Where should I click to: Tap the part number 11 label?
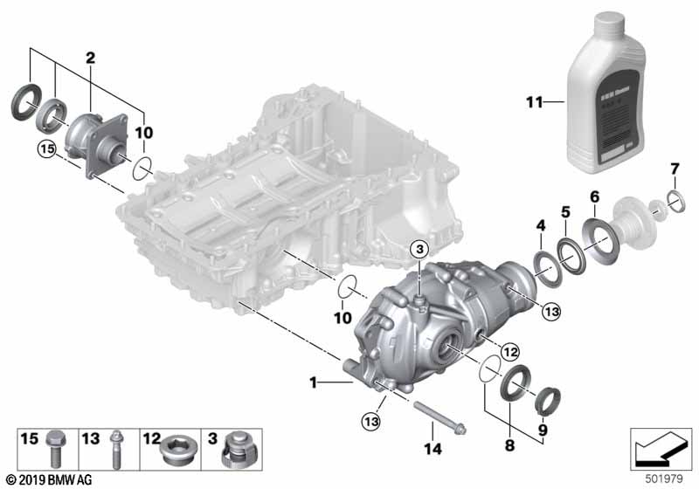click(x=533, y=103)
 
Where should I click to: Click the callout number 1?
click(x=313, y=382)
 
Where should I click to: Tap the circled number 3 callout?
click(x=420, y=251)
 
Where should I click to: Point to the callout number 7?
click(x=673, y=168)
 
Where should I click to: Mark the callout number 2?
click(x=89, y=59)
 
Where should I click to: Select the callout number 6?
click(x=594, y=196)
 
